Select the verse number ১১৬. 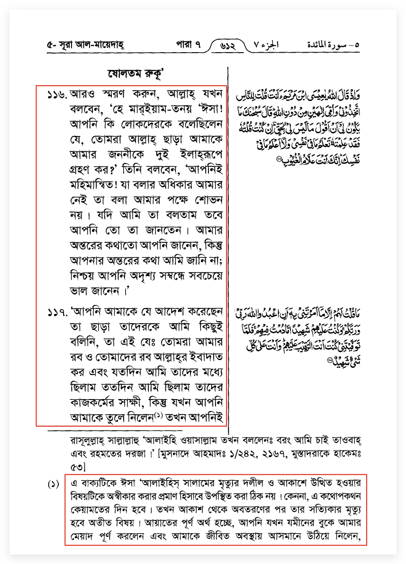(57, 95)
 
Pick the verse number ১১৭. (57, 313)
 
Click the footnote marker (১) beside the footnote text (53, 485)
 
